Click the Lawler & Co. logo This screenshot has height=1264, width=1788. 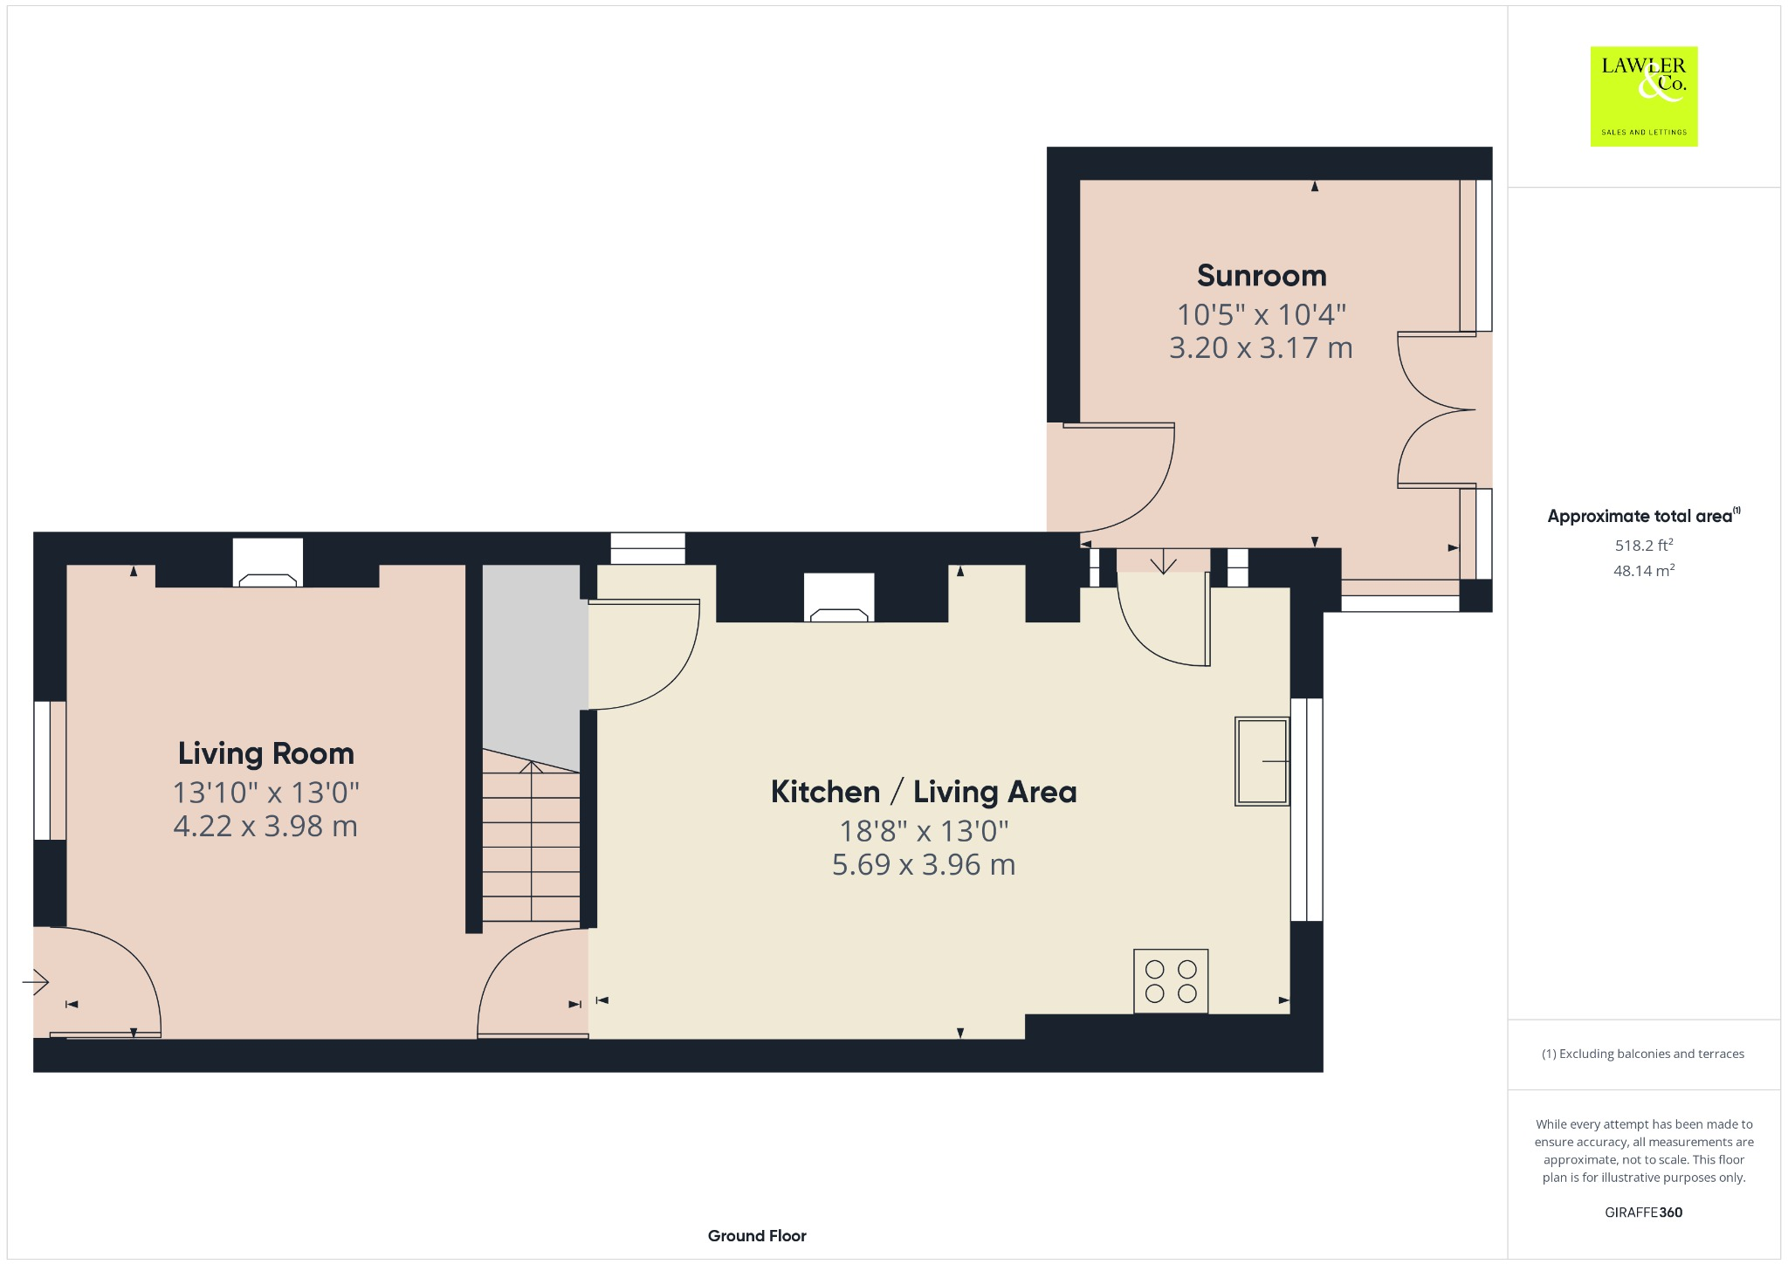1643,96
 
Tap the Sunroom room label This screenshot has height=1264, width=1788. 1262,276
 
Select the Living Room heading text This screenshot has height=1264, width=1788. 266,753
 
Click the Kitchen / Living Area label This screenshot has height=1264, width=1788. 924,792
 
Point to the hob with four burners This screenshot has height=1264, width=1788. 1171,981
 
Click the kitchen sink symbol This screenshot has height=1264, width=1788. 1262,761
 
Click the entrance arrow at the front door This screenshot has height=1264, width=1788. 36,983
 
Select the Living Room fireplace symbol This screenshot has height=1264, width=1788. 268,563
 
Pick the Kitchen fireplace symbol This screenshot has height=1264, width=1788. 839,598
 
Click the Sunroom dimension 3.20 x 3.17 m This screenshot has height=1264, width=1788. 1261,347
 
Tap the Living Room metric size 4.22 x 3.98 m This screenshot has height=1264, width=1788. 265,826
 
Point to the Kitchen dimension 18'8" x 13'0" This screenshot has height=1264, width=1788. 924,830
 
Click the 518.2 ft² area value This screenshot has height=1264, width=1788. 1644,546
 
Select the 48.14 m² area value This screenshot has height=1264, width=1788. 1644,571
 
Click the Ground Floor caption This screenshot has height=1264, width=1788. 757,1235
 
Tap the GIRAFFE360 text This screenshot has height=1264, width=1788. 1643,1212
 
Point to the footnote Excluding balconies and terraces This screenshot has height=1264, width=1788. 1643,1054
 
